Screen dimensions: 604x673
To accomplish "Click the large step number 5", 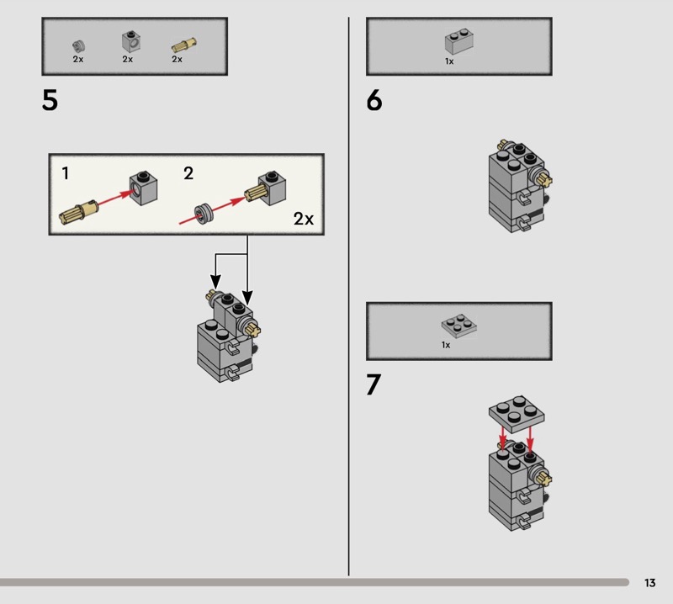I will click(x=50, y=101).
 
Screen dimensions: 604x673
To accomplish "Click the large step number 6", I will click(x=374, y=101).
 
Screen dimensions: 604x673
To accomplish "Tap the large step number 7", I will click(x=374, y=384).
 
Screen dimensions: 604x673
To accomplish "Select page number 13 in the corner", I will click(x=649, y=583).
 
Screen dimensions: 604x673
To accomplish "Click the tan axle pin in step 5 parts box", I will click(x=181, y=45).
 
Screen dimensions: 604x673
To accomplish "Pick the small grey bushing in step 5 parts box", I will click(x=78, y=45).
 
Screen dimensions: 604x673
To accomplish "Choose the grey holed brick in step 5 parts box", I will click(x=129, y=42).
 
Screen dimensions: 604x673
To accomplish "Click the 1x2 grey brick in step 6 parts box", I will click(x=458, y=44).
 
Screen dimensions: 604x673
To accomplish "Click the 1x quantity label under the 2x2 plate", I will click(x=446, y=345).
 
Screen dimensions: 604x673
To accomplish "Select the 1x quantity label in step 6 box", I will click(x=449, y=61).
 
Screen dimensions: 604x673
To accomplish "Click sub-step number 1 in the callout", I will click(x=66, y=174).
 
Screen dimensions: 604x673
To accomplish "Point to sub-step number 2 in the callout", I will click(x=188, y=174).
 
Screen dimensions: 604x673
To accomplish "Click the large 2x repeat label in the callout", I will click(x=304, y=219).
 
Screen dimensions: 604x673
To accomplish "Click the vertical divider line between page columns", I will click(x=348, y=294).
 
